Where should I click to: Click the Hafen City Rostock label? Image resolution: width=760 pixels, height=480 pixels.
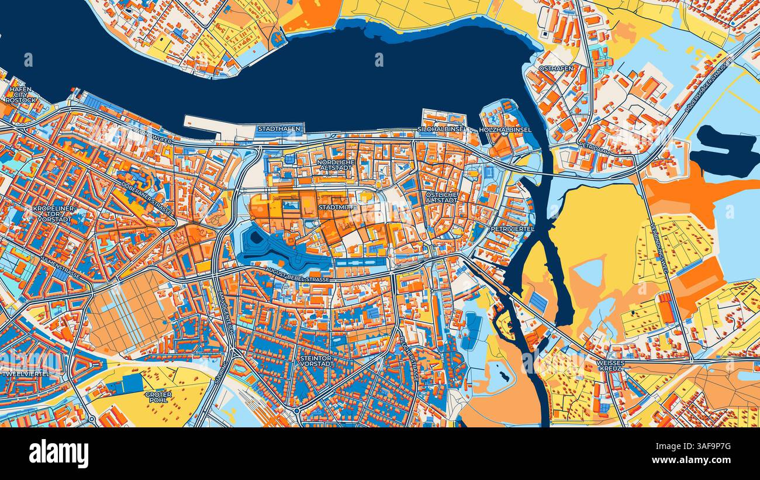pos(20,95)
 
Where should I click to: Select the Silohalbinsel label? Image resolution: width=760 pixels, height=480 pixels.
pos(441,129)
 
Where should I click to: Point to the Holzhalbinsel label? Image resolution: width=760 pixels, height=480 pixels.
pos(505,129)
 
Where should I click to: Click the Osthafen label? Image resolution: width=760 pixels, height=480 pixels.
pos(555,68)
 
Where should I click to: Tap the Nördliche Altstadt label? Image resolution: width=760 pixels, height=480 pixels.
pos(336,165)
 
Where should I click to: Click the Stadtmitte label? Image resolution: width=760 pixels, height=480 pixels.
pos(337,207)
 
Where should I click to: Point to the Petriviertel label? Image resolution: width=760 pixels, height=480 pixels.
pos(513,229)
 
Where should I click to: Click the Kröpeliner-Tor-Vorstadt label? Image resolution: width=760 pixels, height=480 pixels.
pos(53,214)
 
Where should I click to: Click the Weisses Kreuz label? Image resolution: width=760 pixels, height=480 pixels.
pos(611,366)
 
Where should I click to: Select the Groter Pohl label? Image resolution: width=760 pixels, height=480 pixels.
pos(158,398)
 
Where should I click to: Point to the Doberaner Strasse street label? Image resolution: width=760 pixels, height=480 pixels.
pos(148,199)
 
